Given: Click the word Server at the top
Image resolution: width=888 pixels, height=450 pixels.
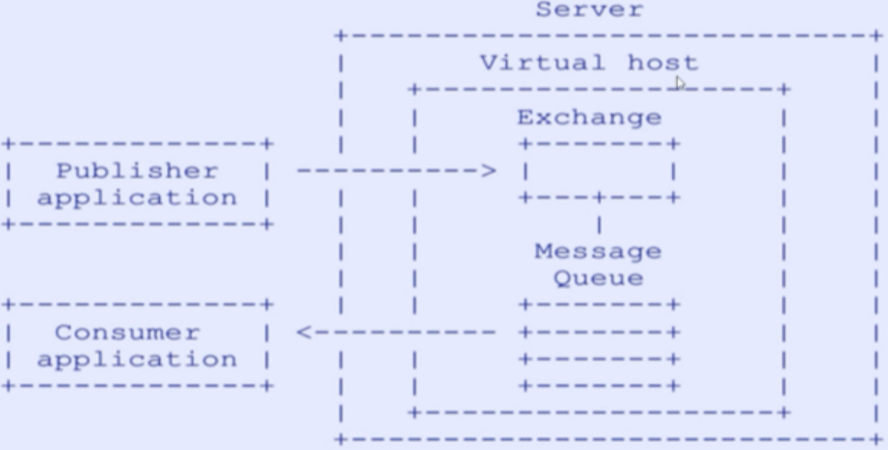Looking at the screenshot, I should pos(588,11).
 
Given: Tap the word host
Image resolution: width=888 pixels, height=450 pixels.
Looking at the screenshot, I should pos(662,64).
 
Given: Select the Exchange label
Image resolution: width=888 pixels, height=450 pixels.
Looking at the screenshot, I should pos(589,118).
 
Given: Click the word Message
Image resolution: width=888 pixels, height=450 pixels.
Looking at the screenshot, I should pos(598,251).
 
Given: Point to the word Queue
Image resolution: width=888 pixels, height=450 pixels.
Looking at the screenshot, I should pos(598,279).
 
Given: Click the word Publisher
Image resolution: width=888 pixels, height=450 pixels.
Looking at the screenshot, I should pos(137,172).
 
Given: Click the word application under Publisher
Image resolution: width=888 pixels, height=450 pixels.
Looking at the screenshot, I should pos(137,199).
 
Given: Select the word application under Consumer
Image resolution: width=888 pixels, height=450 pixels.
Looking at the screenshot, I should pos(137,359).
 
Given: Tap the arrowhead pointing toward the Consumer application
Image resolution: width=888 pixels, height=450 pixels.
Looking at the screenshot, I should pos(303,333).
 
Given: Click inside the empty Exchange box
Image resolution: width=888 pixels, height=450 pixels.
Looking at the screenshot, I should pos(598,172).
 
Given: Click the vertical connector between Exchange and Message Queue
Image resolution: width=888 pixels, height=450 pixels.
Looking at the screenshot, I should pos(599,225).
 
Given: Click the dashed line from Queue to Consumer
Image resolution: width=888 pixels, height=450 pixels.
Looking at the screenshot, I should pos(405,333).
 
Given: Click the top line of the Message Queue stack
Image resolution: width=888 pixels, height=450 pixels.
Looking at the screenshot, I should pos(599,305).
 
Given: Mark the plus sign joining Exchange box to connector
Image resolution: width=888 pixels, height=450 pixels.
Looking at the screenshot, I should pos(599,198).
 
